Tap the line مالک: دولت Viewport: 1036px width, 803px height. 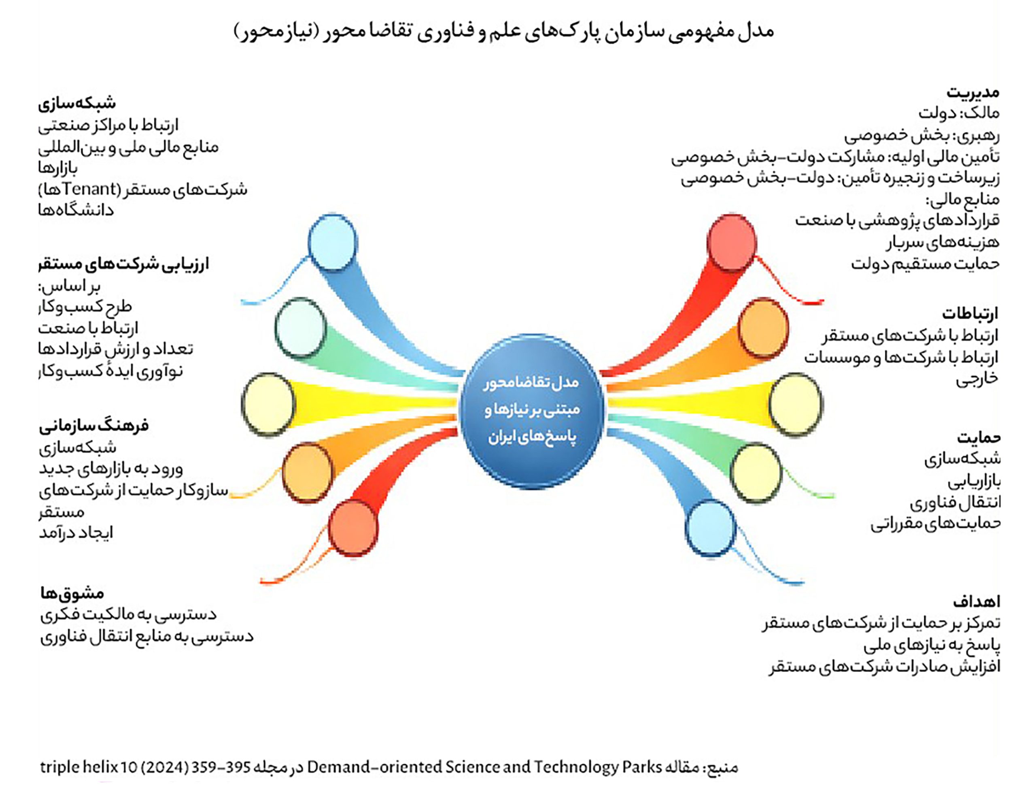[x=959, y=113]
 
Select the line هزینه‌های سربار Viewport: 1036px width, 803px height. [x=943, y=242]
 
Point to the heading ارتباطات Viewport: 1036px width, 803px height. [x=970, y=314]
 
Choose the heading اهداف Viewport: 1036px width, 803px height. [x=977, y=601]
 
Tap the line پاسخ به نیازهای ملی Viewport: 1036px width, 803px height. [x=932, y=645]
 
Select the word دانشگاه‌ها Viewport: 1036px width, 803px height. [x=76, y=210]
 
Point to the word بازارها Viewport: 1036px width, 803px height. [x=58, y=168]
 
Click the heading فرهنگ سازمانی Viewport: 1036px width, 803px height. [x=94, y=425]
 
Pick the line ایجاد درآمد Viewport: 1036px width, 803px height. [x=76, y=532]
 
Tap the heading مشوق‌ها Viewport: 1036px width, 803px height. [x=72, y=593]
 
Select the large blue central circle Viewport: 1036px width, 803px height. [x=532, y=411]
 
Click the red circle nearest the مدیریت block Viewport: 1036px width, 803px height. [x=731, y=243]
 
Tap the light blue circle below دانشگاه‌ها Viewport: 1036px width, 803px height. [x=332, y=243]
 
